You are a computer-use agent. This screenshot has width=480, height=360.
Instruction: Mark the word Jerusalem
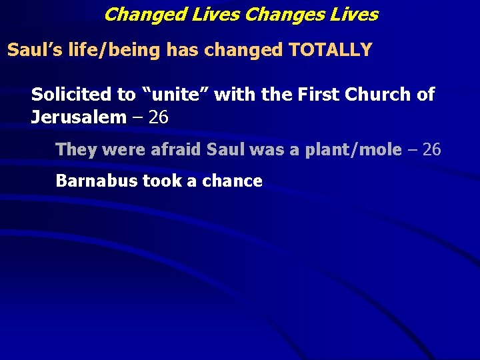[x=78, y=118]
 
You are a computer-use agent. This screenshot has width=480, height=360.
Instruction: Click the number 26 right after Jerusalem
[x=159, y=118]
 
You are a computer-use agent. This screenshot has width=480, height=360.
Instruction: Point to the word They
[x=77, y=149]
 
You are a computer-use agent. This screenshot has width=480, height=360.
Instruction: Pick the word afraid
[x=176, y=149]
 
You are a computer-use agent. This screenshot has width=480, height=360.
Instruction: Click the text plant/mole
[x=353, y=149]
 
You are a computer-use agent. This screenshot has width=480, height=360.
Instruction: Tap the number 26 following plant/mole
[x=431, y=149]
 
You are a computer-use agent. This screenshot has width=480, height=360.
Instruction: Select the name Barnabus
[x=96, y=181]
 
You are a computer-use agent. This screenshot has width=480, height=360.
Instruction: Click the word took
[x=160, y=181]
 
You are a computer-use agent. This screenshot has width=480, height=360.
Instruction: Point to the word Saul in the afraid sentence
[x=226, y=149]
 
